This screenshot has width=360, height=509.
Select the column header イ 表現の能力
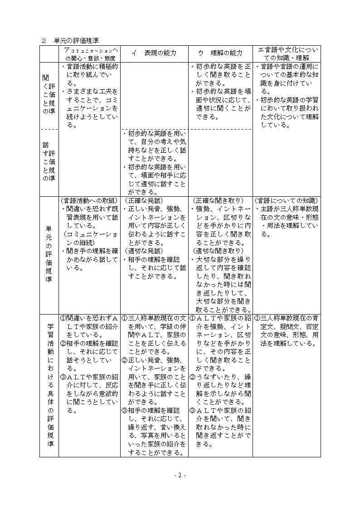[154, 53]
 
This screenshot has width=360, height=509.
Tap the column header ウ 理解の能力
[220, 53]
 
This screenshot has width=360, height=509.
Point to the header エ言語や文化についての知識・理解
[287, 53]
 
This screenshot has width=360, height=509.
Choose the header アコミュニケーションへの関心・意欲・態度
[89, 53]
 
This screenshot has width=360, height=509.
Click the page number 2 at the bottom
[180, 475]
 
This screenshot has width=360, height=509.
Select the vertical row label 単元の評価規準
[49, 254]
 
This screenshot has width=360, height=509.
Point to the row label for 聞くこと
[46, 95]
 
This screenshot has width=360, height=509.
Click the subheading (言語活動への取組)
[89, 200]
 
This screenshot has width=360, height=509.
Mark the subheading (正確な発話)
[144, 200]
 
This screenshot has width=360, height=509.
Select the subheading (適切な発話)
[144, 250]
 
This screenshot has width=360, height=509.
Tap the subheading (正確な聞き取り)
[218, 200]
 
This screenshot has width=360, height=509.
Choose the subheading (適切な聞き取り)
[218, 250]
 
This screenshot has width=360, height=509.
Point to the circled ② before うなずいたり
[192, 377]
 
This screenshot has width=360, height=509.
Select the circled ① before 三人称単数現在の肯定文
[257, 318]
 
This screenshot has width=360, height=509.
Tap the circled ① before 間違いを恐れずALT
[63, 318]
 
